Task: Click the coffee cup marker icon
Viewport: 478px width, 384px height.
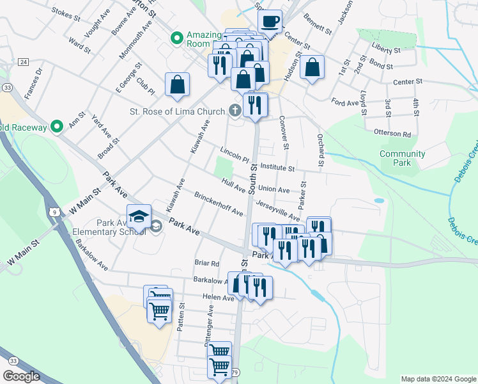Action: (270, 22)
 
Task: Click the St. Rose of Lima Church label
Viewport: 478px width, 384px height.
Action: (170, 111)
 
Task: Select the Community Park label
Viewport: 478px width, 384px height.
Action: (402, 158)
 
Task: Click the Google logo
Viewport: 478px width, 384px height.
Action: (21, 376)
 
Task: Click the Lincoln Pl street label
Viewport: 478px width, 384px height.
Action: (233, 156)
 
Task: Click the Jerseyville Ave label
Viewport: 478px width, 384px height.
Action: (277, 211)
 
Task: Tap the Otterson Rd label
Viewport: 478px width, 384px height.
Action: (394, 134)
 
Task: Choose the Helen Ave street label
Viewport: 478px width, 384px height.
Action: (219, 298)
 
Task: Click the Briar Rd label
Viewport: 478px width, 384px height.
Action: (207, 263)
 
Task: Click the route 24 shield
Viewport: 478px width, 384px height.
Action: (24, 61)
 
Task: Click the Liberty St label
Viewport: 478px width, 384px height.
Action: (385, 49)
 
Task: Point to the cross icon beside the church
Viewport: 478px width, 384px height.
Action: (235, 111)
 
